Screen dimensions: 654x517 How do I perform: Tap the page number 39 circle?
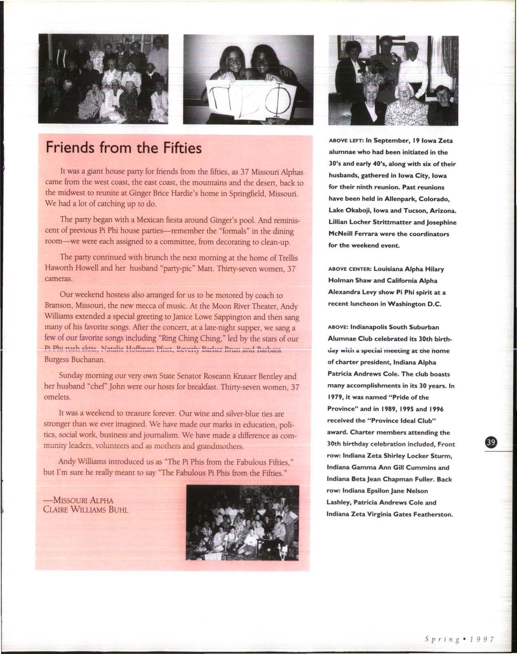pos(490,442)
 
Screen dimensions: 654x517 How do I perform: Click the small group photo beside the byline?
pos(242,522)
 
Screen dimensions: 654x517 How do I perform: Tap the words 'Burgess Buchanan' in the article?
pos(74,360)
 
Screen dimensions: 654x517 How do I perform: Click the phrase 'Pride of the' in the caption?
pos(408,397)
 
